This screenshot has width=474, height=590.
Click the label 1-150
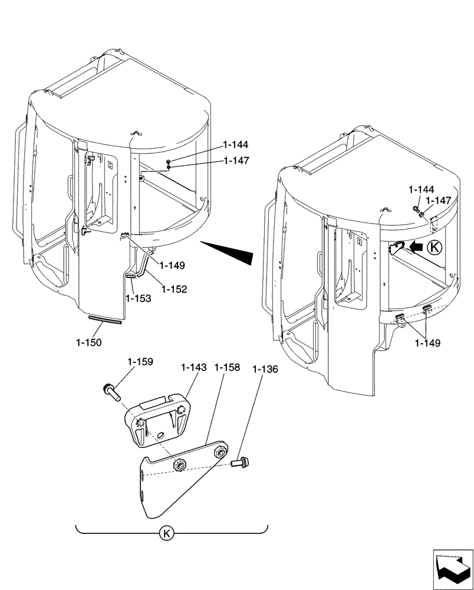point(88,342)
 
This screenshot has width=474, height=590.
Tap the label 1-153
point(138,299)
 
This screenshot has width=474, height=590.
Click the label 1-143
point(194,367)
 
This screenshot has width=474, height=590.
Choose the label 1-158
point(227,367)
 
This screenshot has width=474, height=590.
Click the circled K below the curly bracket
point(167,534)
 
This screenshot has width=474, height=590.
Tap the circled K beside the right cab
point(434,248)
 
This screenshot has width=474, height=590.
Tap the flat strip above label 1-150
point(104,320)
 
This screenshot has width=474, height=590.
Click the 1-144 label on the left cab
point(236,145)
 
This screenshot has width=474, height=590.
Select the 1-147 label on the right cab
point(438,201)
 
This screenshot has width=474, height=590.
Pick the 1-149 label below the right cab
point(428,342)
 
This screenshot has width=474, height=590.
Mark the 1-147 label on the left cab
point(236,160)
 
